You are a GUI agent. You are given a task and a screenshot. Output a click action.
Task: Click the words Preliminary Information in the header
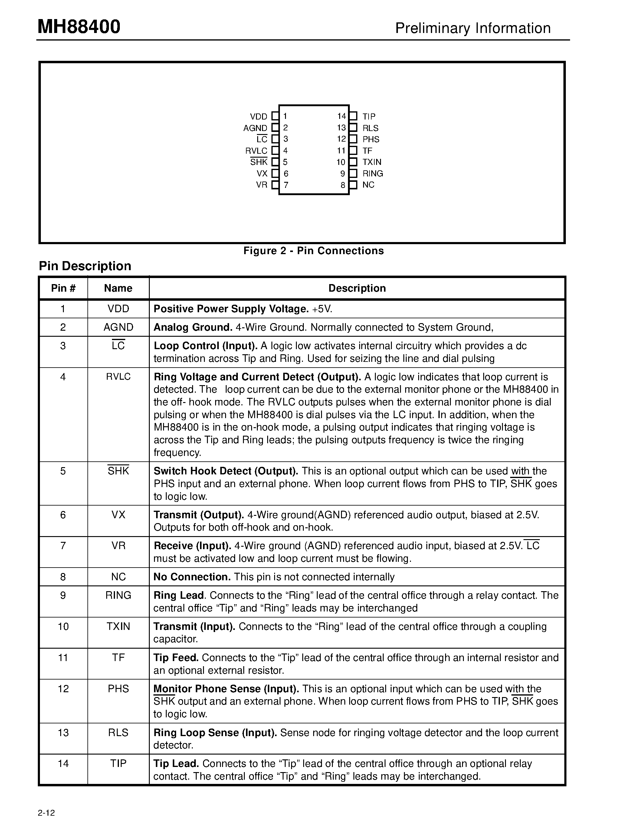pyautogui.click(x=473, y=28)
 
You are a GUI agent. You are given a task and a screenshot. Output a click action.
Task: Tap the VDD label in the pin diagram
pyautogui.click(x=259, y=116)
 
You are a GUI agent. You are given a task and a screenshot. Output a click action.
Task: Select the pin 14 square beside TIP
pyautogui.click(x=353, y=116)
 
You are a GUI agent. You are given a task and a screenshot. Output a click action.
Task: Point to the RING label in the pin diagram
pyautogui.click(x=372, y=174)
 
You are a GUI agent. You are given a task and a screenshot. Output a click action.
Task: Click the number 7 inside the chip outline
pyautogui.click(x=286, y=185)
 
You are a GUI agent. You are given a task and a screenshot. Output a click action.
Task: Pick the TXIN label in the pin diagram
pyautogui.click(x=372, y=162)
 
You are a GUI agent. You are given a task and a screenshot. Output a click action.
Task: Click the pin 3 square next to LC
pyautogui.click(x=275, y=139)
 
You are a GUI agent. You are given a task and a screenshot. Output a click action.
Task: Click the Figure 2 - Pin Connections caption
pyautogui.click(x=313, y=251)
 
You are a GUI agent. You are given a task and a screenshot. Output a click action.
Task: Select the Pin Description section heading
pyautogui.click(x=85, y=266)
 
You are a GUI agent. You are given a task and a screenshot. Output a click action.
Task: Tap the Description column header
pyautogui.click(x=357, y=288)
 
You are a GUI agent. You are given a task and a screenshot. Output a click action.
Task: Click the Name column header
pyautogui.click(x=118, y=288)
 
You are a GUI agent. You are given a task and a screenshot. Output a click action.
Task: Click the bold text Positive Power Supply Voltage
pyautogui.click(x=231, y=309)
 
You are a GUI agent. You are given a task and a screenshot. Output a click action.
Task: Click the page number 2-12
pyautogui.click(x=47, y=813)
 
